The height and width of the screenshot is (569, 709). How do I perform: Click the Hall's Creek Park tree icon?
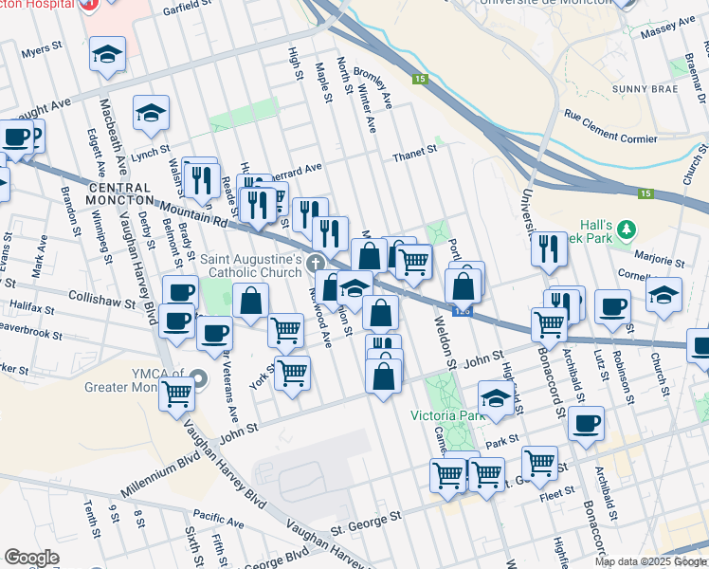626,229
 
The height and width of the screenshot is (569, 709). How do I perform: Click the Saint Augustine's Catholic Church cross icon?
314,264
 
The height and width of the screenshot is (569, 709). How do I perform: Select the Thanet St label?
415,149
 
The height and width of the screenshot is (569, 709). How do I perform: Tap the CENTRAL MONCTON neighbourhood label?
119,193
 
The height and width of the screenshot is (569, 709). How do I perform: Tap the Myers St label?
42,50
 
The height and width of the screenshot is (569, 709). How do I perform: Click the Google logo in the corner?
31,558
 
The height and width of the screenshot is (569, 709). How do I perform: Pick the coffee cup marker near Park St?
587,423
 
